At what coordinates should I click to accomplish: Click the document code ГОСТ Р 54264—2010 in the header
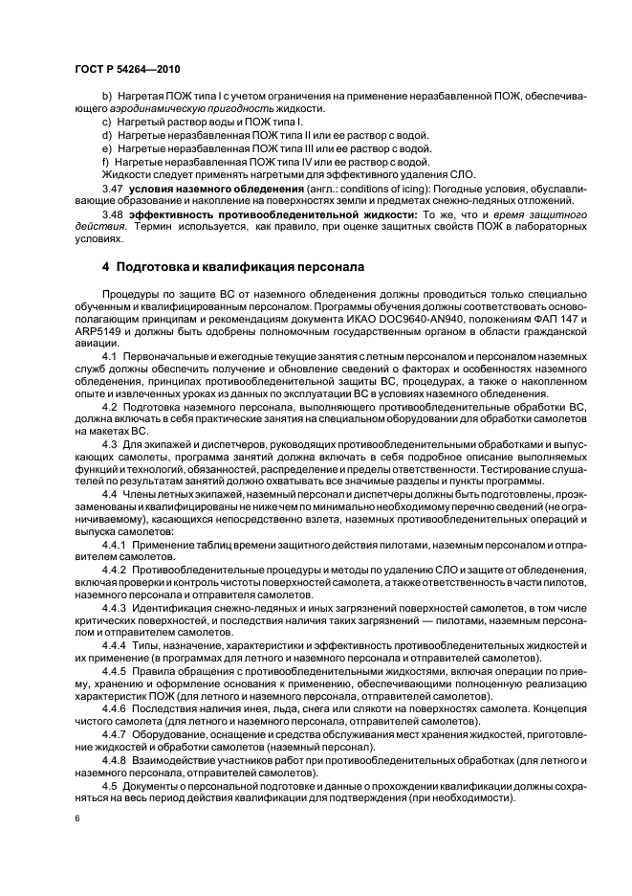(127, 71)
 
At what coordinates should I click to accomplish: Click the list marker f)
(105, 161)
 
